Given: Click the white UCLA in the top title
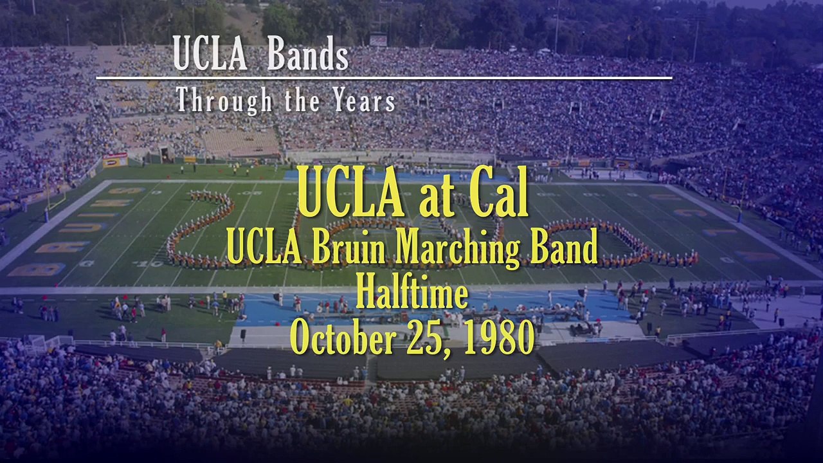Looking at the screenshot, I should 210,57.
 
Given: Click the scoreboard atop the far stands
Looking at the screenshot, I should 378,40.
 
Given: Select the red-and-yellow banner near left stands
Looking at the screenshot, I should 115,159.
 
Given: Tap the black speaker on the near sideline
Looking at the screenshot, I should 243,334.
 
